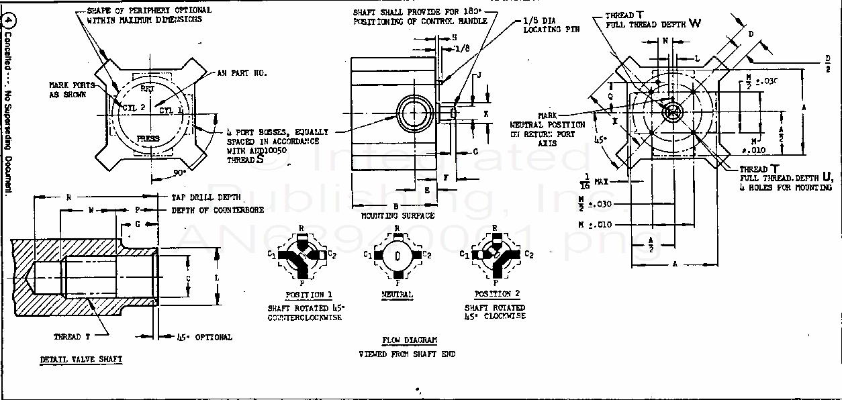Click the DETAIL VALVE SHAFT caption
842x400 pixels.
click(81, 359)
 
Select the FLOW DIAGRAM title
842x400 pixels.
click(410, 340)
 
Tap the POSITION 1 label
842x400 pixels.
click(309, 295)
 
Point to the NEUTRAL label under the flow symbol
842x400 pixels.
click(397, 295)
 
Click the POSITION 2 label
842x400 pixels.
click(497, 294)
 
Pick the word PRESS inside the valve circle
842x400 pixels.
click(148, 139)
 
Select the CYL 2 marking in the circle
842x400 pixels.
click(133, 107)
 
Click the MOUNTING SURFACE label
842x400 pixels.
click(397, 216)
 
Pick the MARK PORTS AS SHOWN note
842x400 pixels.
click(71, 90)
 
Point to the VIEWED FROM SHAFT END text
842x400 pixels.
click(406, 354)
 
